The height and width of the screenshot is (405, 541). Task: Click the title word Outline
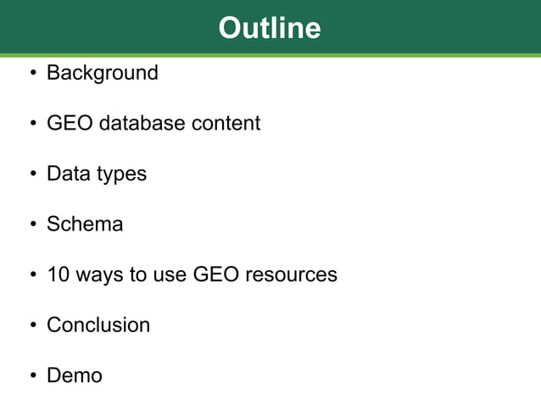[x=270, y=28]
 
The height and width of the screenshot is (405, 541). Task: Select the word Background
[x=102, y=73]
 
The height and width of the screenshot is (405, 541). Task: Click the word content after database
[x=225, y=124]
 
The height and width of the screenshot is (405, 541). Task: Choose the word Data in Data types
[x=67, y=174]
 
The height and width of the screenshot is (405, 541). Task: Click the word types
[x=120, y=175]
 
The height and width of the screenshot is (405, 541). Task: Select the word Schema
[x=85, y=225]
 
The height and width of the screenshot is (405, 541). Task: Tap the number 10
[x=59, y=275]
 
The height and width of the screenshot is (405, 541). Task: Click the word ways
[x=98, y=275]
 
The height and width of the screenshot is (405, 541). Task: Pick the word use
[x=170, y=275]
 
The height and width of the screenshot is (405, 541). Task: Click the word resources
[x=291, y=275]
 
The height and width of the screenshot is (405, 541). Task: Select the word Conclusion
[x=98, y=325]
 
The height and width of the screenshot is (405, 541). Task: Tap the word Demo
[x=75, y=375]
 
